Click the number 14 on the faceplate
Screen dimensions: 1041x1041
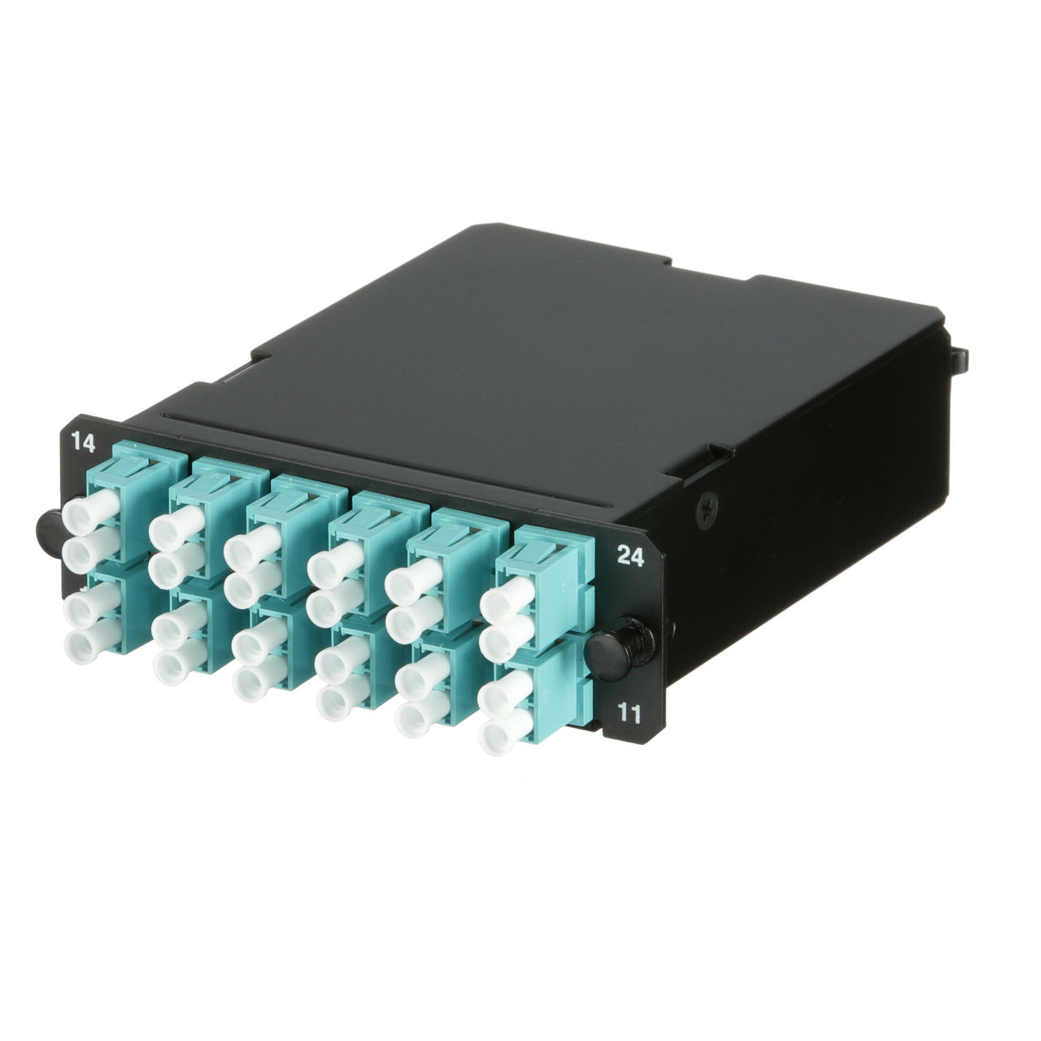pos(83,442)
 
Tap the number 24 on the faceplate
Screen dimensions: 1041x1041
pos(630,556)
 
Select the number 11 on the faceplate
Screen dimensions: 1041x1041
pos(629,713)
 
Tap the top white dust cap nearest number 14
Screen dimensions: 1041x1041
pos(90,511)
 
